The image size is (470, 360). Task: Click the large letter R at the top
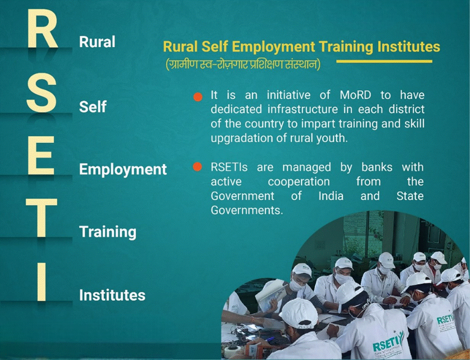point(42,28)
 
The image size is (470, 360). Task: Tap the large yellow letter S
point(41,93)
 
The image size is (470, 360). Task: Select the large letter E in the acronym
point(41,155)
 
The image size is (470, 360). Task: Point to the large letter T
point(41,218)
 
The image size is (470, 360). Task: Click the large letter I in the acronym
point(42,282)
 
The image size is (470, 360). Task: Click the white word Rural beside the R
point(97,42)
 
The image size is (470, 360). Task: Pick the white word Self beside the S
point(92,106)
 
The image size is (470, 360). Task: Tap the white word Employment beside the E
point(123,170)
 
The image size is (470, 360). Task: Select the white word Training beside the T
point(108,232)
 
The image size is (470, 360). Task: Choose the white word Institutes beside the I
point(112,295)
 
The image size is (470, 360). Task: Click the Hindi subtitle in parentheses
point(243,65)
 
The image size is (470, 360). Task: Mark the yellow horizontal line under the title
point(384,61)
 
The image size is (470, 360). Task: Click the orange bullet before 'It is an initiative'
point(198,97)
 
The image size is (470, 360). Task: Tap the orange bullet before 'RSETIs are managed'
point(197,167)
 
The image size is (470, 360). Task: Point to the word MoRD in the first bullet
point(355,95)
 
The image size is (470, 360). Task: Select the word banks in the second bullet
point(377,167)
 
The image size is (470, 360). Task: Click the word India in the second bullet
point(331,196)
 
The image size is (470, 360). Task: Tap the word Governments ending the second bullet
point(247,210)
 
